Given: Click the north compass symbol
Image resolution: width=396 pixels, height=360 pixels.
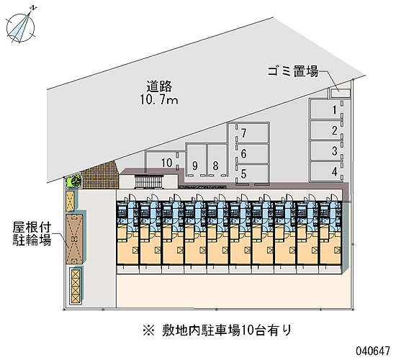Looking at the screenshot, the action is point(21,26).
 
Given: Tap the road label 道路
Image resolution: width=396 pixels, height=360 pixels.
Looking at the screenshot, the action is point(159,86).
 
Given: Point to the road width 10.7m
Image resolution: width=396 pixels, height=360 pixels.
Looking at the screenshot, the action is point(159,100).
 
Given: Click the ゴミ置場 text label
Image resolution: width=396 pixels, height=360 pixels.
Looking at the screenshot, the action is point(293,71).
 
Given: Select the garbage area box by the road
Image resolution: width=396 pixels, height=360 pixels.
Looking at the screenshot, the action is point(340,93).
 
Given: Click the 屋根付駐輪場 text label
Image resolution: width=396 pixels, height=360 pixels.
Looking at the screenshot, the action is point(32,234).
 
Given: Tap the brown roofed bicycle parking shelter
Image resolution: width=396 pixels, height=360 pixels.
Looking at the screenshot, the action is point(74,239).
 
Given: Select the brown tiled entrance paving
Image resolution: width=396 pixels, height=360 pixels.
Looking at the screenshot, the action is point(101,175).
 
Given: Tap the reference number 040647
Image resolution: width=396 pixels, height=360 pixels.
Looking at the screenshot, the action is point(373,351).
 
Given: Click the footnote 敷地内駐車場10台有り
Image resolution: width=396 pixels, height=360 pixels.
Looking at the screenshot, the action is point(217,330).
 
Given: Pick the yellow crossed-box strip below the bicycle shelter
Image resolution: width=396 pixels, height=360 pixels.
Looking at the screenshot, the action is point(76,287).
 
